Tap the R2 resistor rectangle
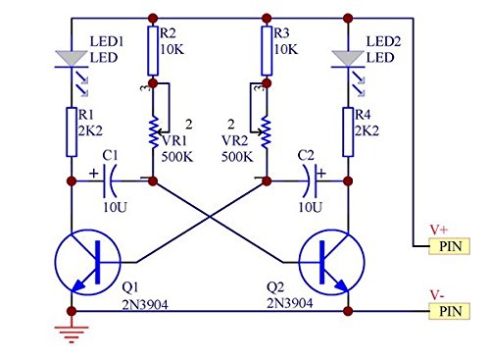point(153,51)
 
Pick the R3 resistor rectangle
point(267,51)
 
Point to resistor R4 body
point(348,131)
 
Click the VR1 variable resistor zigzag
point(153,130)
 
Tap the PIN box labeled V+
point(451,246)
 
